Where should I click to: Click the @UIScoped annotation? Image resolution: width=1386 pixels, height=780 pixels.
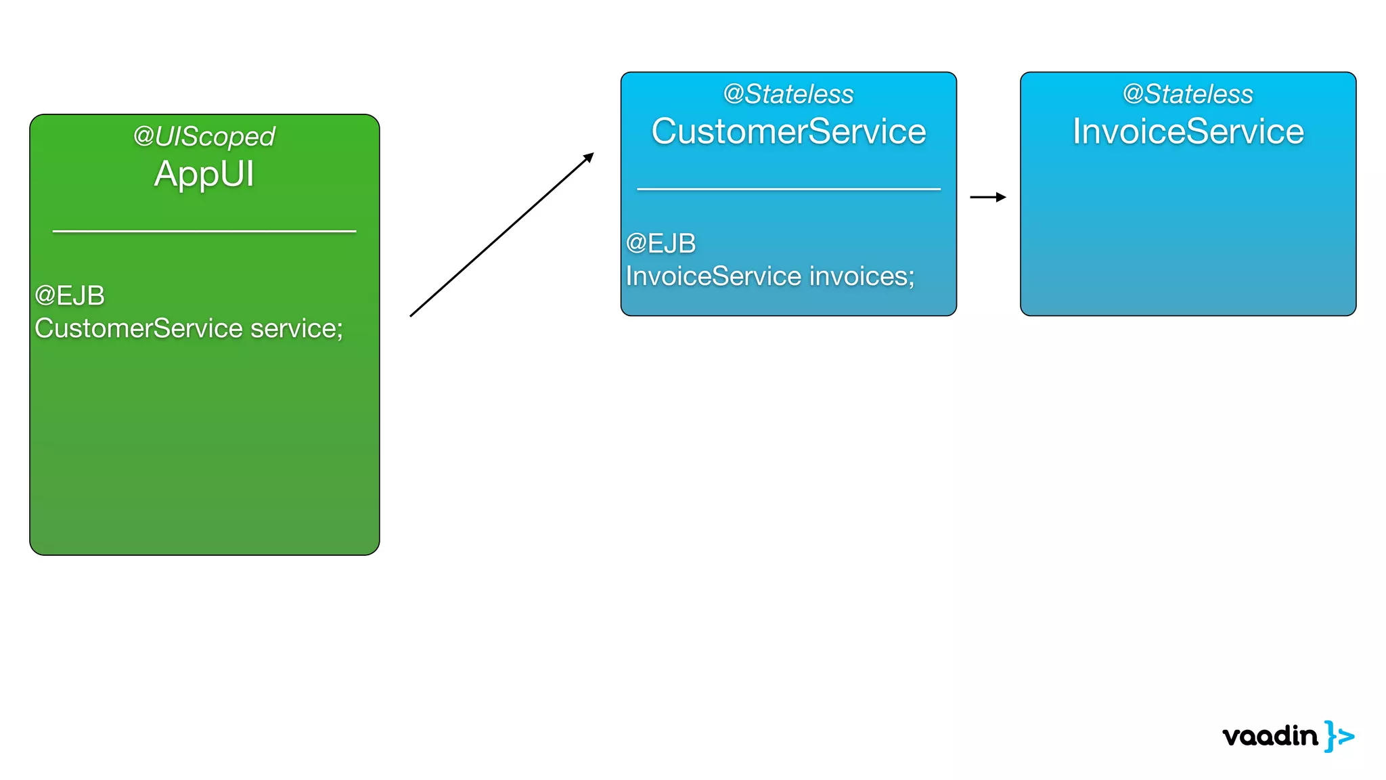204,137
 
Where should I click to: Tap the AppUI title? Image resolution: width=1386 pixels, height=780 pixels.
204,174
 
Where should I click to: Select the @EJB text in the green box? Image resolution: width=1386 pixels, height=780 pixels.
70,296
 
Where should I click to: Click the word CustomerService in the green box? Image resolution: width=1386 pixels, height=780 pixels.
139,328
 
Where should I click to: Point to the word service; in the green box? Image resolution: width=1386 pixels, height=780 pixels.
296,328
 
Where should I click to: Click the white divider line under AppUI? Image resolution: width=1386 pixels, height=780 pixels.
204,232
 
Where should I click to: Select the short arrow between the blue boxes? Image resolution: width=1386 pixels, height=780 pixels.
987,197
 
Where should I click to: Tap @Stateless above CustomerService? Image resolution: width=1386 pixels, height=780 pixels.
788,94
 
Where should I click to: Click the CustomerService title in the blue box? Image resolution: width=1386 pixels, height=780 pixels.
788,131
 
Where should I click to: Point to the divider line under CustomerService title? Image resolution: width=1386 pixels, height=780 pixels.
788,189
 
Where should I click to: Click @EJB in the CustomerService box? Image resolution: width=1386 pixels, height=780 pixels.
661,244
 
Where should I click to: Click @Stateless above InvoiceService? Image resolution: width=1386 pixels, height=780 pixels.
1188,94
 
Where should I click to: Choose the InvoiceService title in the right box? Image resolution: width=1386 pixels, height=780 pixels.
1188,131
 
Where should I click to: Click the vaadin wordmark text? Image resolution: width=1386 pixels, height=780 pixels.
1270,736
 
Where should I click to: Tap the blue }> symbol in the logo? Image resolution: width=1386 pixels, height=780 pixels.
1339,736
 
